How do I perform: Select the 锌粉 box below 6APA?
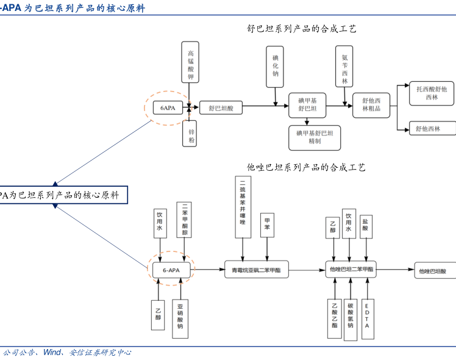191,132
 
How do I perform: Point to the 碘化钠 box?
275,66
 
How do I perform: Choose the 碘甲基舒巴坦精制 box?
315,137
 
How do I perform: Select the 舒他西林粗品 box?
371,104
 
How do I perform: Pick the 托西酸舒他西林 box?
432,93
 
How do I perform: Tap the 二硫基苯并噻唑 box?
242,207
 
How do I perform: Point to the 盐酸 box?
365,225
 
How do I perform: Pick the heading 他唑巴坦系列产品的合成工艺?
305,167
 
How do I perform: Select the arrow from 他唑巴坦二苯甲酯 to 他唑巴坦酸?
394,269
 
